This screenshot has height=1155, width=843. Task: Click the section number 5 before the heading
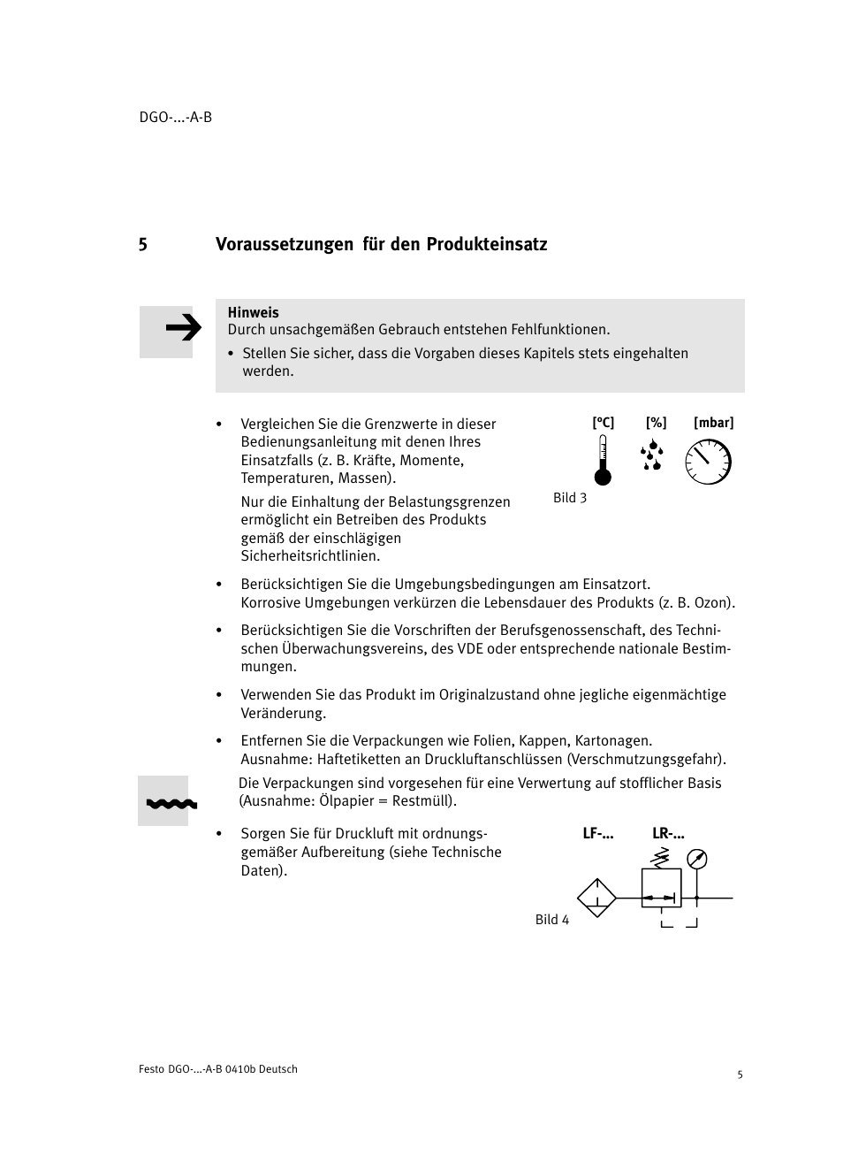point(142,244)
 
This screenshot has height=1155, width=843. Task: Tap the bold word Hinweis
point(253,312)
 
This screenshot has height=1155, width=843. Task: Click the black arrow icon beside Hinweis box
point(183,329)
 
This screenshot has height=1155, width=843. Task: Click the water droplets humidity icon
point(652,455)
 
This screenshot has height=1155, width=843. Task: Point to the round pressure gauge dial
point(709,462)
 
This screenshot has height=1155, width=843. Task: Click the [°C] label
point(603,423)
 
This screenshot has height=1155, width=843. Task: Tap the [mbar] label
point(713,423)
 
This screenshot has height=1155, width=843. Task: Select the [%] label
point(656,423)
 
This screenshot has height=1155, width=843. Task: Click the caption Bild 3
point(570,498)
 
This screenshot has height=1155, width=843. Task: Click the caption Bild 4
point(552,920)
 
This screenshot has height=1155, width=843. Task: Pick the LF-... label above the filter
point(598,833)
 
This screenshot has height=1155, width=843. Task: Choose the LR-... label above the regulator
point(668,833)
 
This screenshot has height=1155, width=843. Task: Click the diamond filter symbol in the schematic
point(596,898)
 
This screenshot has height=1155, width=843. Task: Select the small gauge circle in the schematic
point(697,859)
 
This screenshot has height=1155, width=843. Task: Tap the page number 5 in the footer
point(740,1075)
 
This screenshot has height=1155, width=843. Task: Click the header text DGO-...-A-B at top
point(176,118)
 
